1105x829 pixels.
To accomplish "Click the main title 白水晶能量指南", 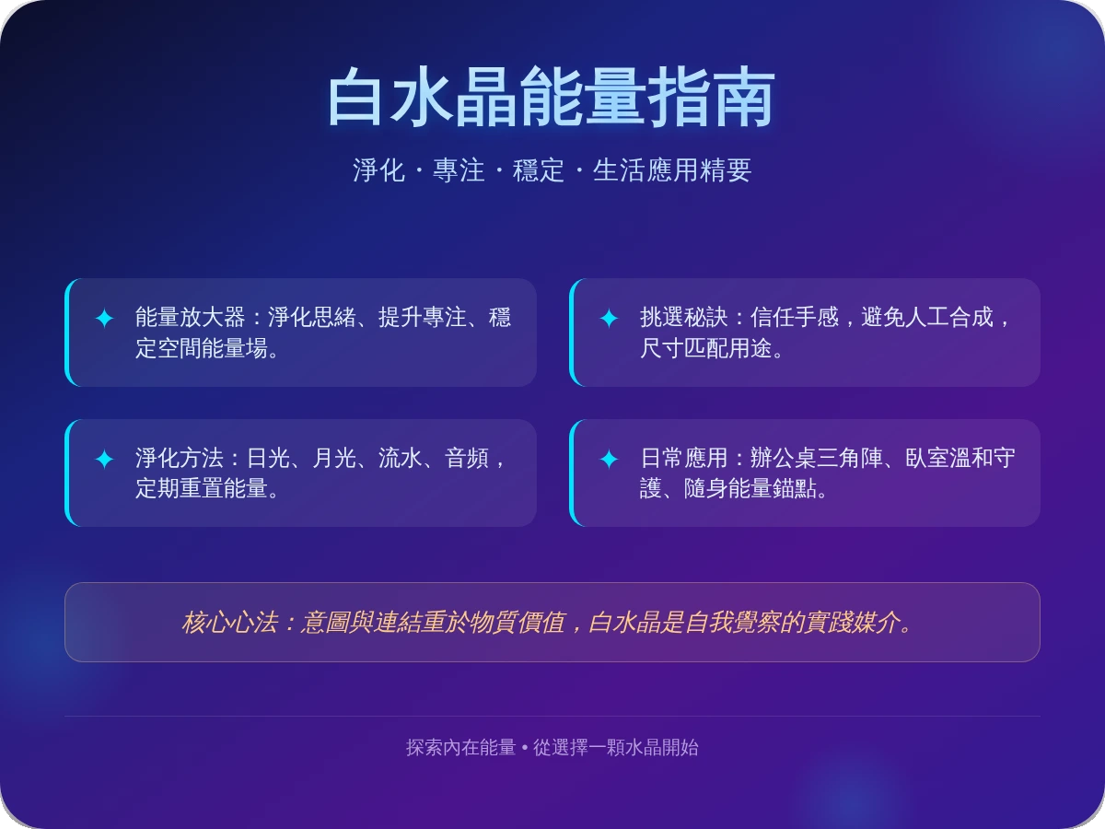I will coord(552,97).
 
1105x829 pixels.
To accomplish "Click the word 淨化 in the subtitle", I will coord(378,170).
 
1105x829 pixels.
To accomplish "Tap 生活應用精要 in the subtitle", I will coord(672,170).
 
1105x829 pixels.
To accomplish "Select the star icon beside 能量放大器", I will coord(104,319).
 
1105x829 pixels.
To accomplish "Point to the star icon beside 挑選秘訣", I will coord(609,319).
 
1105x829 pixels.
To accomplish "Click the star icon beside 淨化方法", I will coord(104,459).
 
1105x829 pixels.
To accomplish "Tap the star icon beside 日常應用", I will coord(609,459).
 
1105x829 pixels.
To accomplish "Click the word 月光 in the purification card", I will coord(333,458).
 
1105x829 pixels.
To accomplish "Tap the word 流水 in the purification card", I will coord(400,458).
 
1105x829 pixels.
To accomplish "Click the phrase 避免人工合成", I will coord(926,318).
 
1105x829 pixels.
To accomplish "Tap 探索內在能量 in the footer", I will coord(460,747).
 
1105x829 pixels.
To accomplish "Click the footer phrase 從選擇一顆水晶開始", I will coord(616,747).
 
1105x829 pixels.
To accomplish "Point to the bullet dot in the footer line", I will coord(525,747).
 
